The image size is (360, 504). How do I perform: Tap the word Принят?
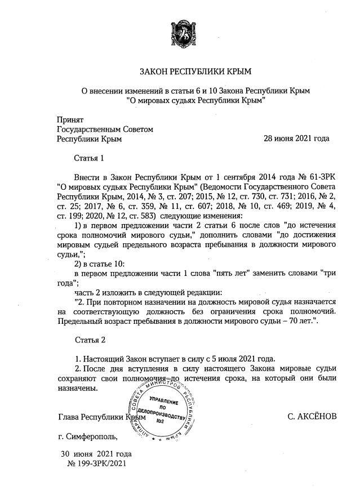[x=70, y=119]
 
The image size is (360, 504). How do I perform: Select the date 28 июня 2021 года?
[x=296, y=138]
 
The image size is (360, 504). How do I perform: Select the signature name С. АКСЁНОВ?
[x=311, y=417]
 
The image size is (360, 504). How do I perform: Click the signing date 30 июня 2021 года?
[x=96, y=454]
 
